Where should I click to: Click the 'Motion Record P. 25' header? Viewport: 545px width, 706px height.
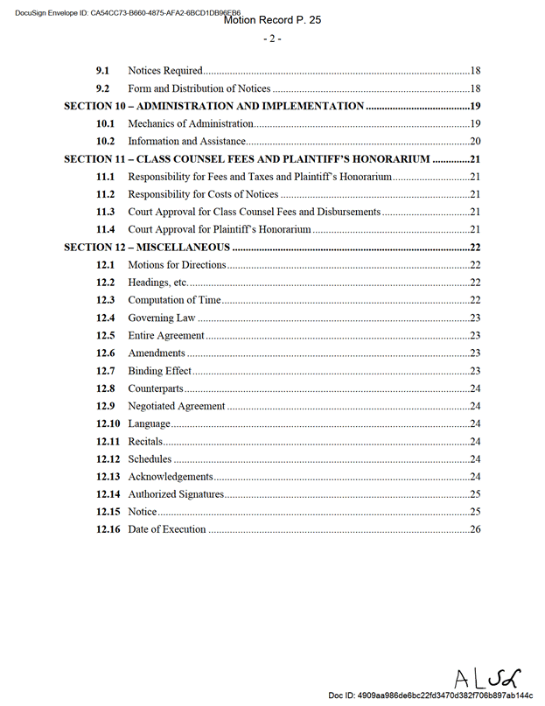pyautogui.click(x=272, y=20)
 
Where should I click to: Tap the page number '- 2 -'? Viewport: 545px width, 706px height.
pyautogui.click(x=271, y=39)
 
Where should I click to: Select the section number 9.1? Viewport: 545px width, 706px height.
pyautogui.click(x=102, y=71)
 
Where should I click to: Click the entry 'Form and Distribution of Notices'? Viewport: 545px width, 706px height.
pyautogui.click(x=199, y=88)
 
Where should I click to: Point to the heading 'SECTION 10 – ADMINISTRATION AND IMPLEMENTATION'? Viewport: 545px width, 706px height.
pyautogui.click(x=213, y=106)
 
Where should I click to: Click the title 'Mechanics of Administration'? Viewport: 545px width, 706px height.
pyautogui.click(x=190, y=123)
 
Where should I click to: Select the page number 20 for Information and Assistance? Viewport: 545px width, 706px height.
pyautogui.click(x=476, y=142)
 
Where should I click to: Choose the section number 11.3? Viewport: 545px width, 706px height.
pyautogui.click(x=106, y=212)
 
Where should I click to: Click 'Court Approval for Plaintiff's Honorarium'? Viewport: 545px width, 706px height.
pyautogui.click(x=219, y=229)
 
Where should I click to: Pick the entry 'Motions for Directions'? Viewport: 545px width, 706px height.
pyautogui.click(x=177, y=265)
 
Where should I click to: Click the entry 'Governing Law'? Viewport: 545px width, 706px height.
pyautogui.click(x=161, y=318)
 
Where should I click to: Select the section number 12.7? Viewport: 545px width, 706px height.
pyautogui.click(x=106, y=371)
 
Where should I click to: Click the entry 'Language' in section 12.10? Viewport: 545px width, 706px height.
pyautogui.click(x=149, y=423)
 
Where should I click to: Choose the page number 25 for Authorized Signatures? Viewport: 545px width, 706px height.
pyautogui.click(x=476, y=494)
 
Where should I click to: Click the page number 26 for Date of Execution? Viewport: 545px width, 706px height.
pyautogui.click(x=476, y=529)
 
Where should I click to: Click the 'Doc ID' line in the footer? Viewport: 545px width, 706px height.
pyautogui.click(x=430, y=696)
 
